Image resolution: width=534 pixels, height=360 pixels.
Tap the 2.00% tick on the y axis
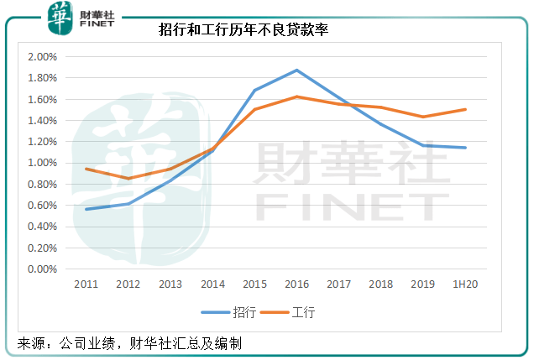click(x=41, y=57)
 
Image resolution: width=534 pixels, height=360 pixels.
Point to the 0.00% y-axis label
click(x=41, y=269)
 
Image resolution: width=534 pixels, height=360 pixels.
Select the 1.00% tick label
click(x=41, y=163)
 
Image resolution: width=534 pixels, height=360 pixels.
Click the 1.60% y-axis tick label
click(x=41, y=99)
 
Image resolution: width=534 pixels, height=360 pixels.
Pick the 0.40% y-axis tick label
click(x=41, y=227)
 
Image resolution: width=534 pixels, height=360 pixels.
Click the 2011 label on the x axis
click(x=86, y=285)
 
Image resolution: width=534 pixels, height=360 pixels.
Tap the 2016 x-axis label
click(x=297, y=285)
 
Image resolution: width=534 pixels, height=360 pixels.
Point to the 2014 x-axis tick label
click(x=212, y=285)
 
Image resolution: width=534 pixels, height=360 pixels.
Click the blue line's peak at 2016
click(x=297, y=70)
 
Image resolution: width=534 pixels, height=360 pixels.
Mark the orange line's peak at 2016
click(x=297, y=97)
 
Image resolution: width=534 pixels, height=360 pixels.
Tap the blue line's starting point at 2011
click(x=86, y=209)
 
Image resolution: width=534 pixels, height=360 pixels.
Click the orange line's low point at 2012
click(x=128, y=179)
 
